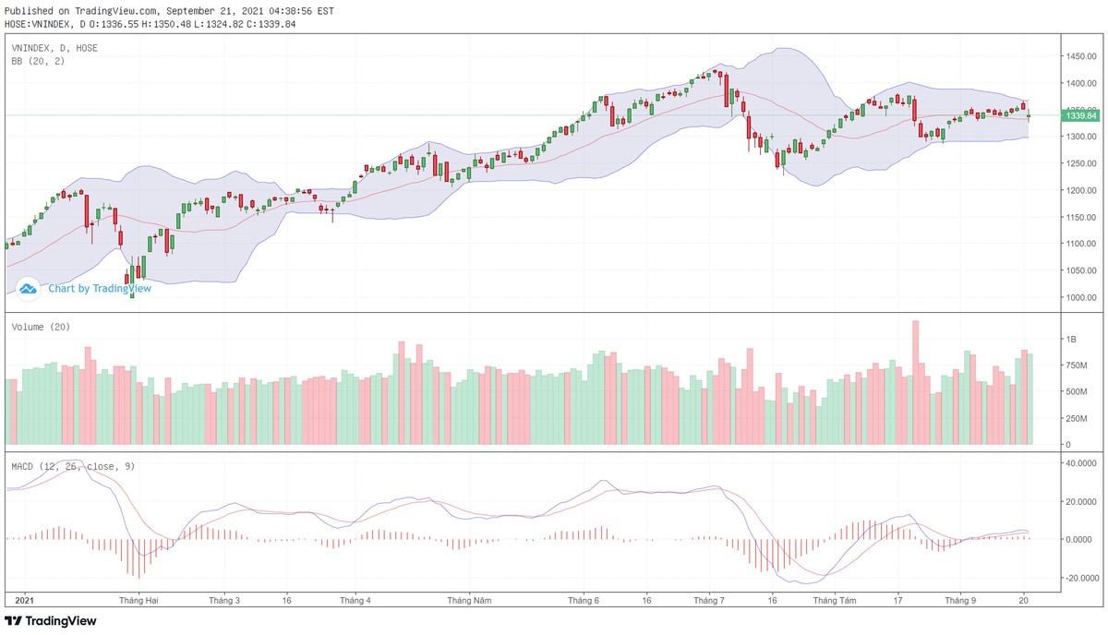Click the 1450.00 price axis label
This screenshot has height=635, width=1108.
[1079, 56]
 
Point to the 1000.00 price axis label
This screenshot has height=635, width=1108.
[1079, 298]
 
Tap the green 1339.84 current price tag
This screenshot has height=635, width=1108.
[1080, 116]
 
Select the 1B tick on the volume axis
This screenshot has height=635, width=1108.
[1072, 340]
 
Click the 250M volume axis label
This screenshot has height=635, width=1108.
[1078, 418]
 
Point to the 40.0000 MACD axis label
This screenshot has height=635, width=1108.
[1081, 463]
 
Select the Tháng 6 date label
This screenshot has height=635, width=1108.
[584, 600]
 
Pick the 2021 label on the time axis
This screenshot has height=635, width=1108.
[25, 600]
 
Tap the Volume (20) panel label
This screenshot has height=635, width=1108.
[41, 327]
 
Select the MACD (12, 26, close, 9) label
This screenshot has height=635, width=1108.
[73, 466]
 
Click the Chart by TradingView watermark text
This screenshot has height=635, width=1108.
[100, 288]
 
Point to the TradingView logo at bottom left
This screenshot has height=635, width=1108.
[51, 621]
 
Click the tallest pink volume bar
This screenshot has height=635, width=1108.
[916, 382]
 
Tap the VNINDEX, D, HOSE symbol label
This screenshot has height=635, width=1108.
[54, 47]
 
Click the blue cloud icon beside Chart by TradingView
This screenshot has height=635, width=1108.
[28, 288]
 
